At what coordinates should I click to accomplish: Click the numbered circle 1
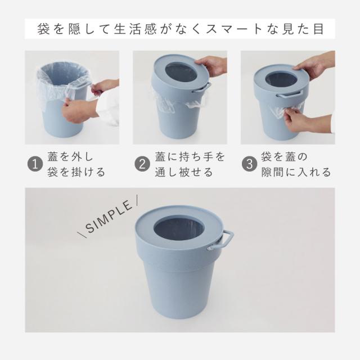(x=35, y=164)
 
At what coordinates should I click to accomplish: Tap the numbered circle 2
(x=142, y=164)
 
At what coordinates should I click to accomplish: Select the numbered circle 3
(x=250, y=164)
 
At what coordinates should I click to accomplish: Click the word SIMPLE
(x=109, y=217)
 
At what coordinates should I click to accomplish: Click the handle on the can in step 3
(x=290, y=94)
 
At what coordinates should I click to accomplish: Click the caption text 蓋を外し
(x=70, y=157)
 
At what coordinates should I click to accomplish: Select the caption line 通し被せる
(x=184, y=172)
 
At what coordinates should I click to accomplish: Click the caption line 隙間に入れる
(x=296, y=172)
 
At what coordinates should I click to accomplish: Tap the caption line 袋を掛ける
(x=76, y=172)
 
